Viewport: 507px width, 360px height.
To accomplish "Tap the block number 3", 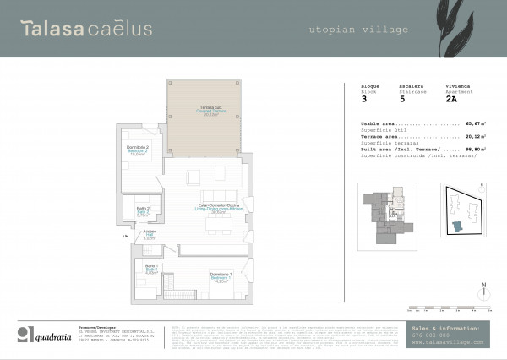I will coord(363,99).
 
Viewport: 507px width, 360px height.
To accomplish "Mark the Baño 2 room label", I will coord(143,211).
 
